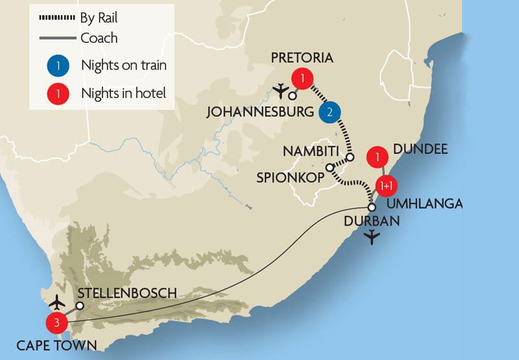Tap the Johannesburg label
pos(259,112)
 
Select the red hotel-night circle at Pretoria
pos(301,78)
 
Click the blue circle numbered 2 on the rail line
pos(329,112)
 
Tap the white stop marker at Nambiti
pos(350,157)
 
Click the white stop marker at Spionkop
pos(329,167)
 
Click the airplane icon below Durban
pos(372,238)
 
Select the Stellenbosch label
pos(127,293)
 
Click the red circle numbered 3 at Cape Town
pos(56,322)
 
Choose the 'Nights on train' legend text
pos(123,65)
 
